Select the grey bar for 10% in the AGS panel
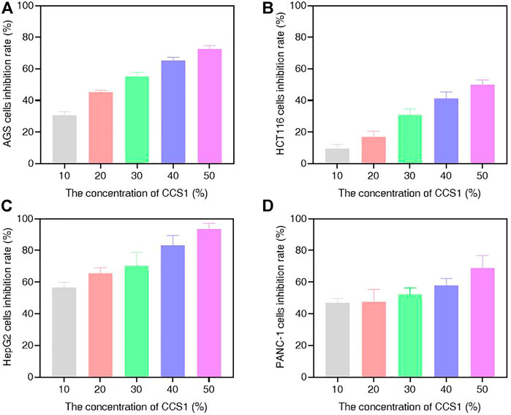[64, 139]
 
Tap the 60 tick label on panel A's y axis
[33, 69]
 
